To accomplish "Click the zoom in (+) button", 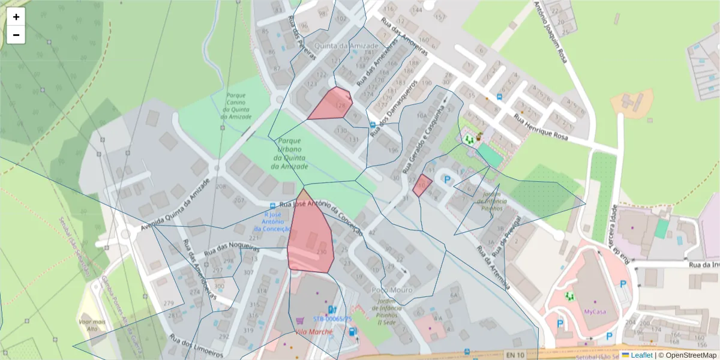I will tap(16, 17).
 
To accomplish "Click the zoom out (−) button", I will tap(16, 35).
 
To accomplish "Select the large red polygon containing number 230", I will tap(310, 237).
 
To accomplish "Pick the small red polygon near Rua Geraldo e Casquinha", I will tap(422, 185).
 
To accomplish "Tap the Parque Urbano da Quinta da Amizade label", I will tap(289, 153).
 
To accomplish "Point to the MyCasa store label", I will tap(595, 312).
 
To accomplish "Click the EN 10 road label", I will tap(515, 355).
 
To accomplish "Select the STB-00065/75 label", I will tap(332, 319).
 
